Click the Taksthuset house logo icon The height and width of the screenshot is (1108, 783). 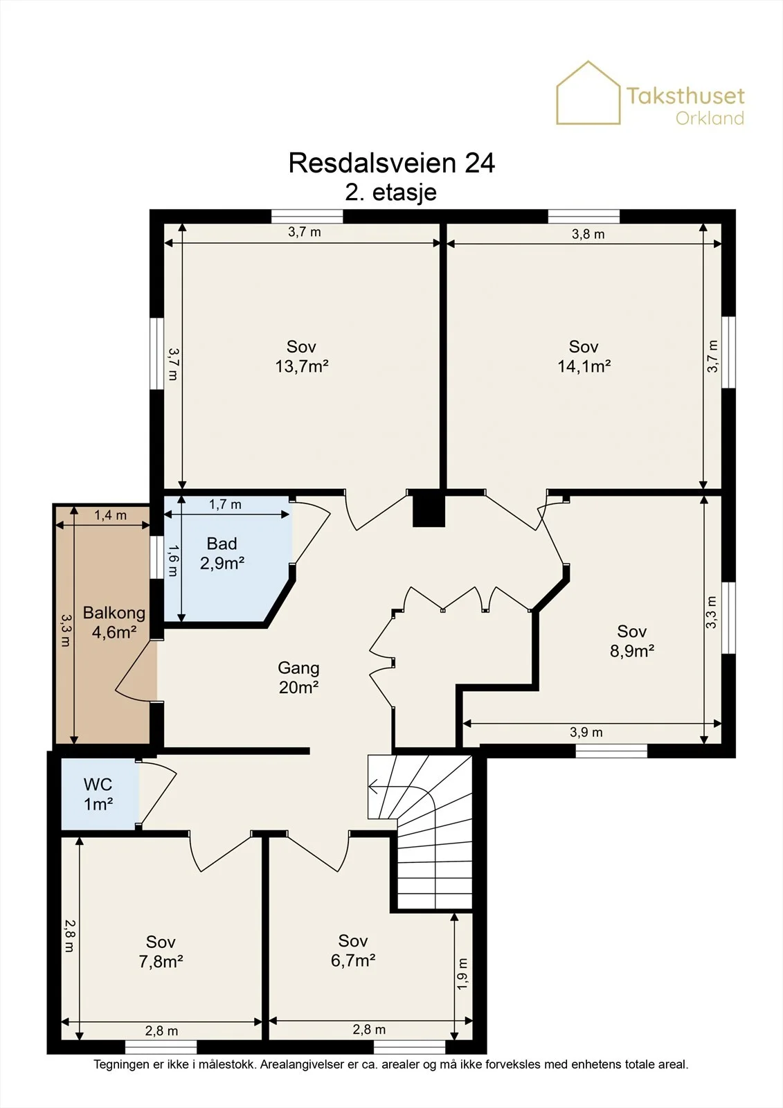tap(588, 93)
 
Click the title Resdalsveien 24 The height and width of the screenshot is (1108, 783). tap(391, 163)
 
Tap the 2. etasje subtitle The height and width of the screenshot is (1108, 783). tap(390, 193)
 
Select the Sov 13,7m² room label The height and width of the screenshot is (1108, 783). tap(302, 356)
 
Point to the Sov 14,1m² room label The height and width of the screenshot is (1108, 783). tap(584, 356)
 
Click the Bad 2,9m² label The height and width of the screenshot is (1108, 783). tap(222, 553)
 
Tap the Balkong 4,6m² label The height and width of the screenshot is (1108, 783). tap(114, 623)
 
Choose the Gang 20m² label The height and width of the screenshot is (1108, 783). tap(298, 678)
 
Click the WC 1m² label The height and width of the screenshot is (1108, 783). tap(98, 794)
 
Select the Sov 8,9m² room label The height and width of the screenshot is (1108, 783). tap(631, 641)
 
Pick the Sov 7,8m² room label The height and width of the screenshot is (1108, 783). tap(161, 951)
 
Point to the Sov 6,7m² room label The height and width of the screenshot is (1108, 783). tap(352, 950)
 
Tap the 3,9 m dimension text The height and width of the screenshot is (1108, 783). tap(586, 732)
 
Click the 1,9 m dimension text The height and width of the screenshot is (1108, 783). tap(462, 974)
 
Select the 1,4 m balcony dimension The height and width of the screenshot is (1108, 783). tap(110, 515)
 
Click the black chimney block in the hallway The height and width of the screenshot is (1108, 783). tap(429, 510)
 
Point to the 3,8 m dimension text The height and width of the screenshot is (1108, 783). tap(588, 234)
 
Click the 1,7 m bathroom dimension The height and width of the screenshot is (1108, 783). tap(225, 505)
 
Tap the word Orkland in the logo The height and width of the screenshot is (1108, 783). tap(710, 118)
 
